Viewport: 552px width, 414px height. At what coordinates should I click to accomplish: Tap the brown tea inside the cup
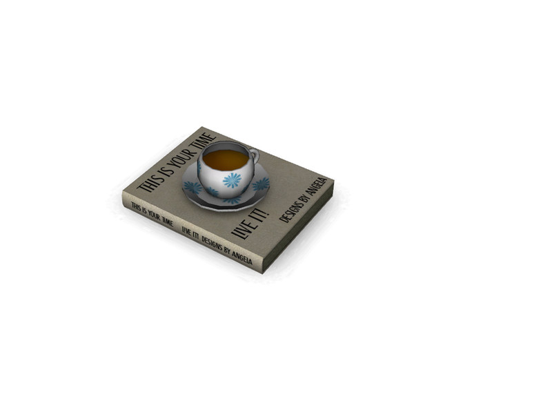tap(226, 159)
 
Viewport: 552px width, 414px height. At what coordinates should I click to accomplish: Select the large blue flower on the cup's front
tap(232, 180)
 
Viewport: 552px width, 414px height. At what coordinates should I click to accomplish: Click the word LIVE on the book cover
tap(241, 230)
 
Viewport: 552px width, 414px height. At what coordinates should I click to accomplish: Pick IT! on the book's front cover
tap(261, 215)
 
